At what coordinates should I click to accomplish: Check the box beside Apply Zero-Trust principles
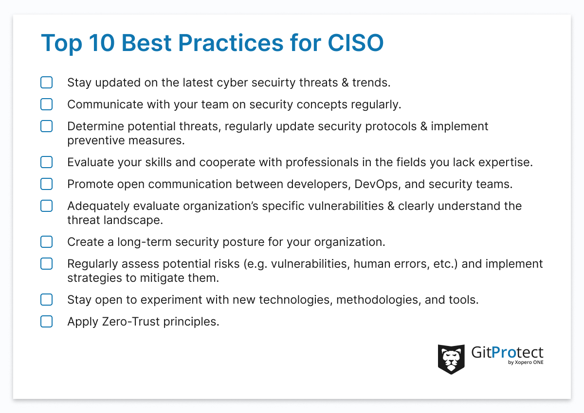click(x=46, y=322)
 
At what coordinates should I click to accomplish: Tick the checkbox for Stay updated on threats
click(x=46, y=83)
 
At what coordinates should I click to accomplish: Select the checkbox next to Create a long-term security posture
click(x=46, y=241)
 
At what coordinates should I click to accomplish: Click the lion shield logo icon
click(x=451, y=359)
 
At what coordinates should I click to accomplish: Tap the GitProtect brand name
click(x=507, y=352)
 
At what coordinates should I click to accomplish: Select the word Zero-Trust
click(x=129, y=322)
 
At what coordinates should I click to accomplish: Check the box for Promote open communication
click(x=46, y=184)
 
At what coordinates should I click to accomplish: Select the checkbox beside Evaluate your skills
click(x=46, y=162)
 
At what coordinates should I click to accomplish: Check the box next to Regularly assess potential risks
click(x=46, y=264)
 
